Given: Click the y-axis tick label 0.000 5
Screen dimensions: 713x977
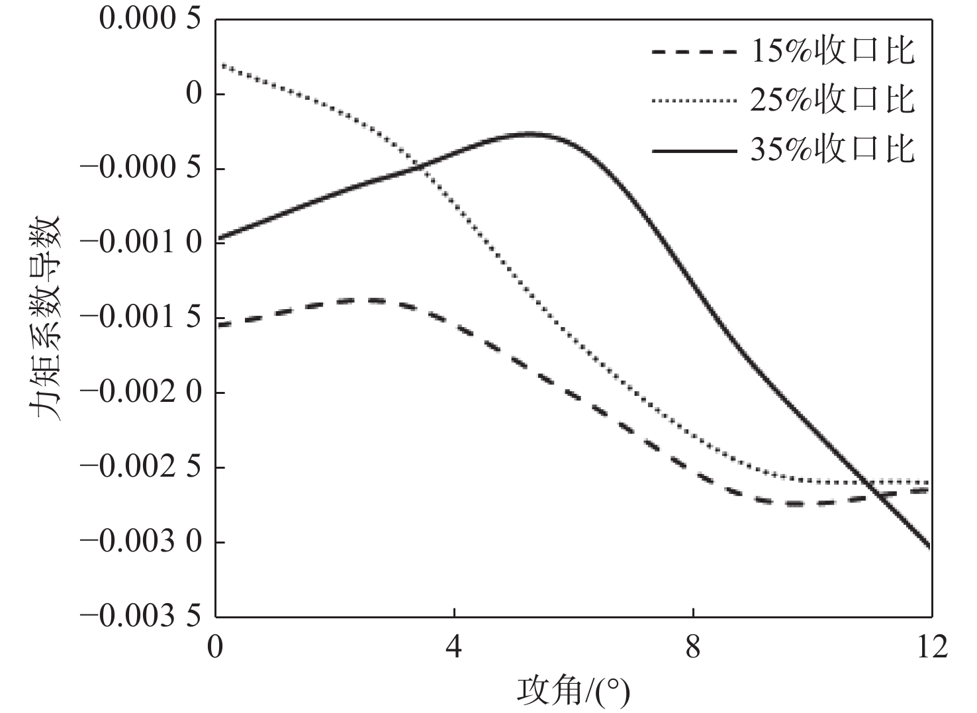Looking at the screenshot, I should [x=149, y=19].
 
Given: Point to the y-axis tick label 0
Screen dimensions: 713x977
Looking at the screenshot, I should [x=193, y=94].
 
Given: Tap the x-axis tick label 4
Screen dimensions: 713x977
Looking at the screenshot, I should [x=454, y=647].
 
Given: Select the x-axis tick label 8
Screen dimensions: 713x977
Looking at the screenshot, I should [x=693, y=647].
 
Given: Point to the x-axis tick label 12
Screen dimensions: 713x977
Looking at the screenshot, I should [x=932, y=647].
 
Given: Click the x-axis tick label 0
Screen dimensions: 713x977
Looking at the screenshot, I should [x=215, y=647].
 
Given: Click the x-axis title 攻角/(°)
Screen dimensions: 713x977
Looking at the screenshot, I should [x=573, y=690].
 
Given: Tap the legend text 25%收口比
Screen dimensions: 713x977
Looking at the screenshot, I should [x=833, y=100].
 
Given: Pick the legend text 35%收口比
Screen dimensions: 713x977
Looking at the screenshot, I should [x=833, y=150].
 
